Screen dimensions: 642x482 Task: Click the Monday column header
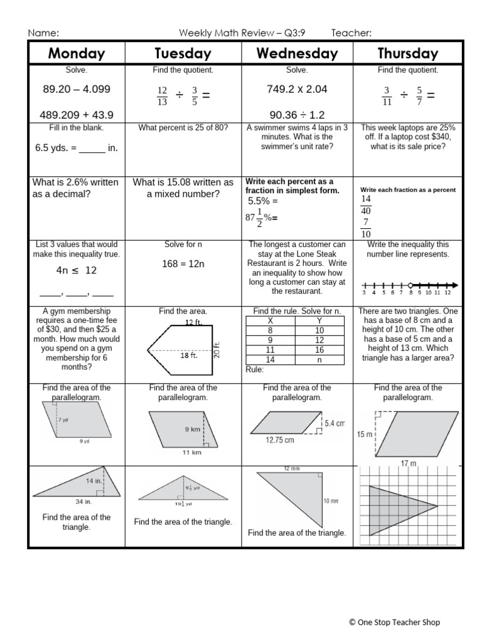click(77, 53)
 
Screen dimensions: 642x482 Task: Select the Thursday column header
click(408, 53)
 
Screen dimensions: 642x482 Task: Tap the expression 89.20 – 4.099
click(77, 89)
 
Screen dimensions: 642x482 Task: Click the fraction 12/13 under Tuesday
click(163, 97)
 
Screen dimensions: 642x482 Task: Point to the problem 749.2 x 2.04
click(297, 89)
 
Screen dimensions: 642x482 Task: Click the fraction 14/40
click(366, 205)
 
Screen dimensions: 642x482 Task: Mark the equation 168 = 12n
click(183, 264)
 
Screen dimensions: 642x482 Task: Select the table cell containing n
click(319, 360)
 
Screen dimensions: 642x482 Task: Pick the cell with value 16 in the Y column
click(319, 350)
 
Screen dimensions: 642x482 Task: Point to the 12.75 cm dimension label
click(280, 440)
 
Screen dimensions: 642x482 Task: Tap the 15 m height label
click(365, 434)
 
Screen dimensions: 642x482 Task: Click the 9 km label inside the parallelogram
click(192, 429)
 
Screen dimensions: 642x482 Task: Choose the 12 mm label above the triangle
click(291, 469)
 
